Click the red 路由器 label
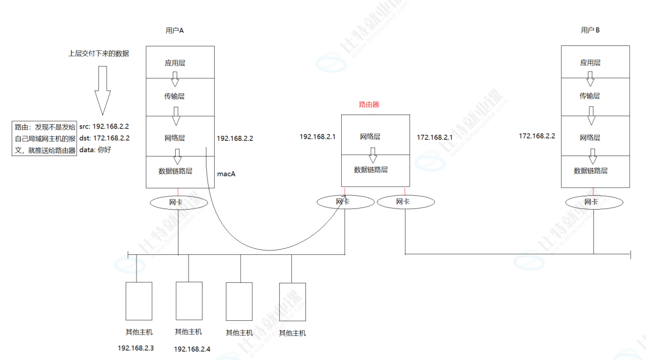pos(369,105)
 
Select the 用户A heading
pos(175,31)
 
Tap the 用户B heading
pos(590,30)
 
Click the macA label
pos(227,174)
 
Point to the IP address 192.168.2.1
pos(318,136)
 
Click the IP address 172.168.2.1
pos(435,137)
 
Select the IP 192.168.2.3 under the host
pos(136,348)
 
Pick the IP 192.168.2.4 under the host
pos(192,349)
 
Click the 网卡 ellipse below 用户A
pos(176,202)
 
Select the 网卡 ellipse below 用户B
pos(591,202)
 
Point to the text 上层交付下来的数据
pos(98,54)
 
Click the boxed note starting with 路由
pos(45,138)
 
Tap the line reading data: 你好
pos(95,149)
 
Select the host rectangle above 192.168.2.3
pos(139,301)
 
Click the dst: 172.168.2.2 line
pos(104,138)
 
